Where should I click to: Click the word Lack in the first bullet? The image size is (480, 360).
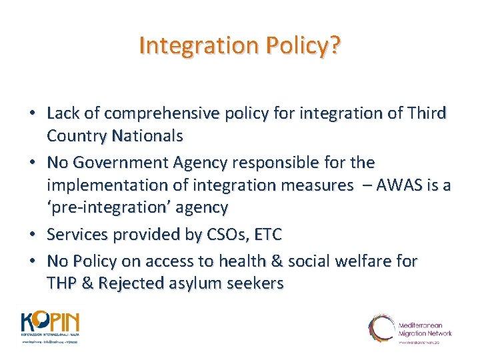pyautogui.click(x=65, y=114)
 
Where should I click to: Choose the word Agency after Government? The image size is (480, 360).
pyautogui.click(x=199, y=163)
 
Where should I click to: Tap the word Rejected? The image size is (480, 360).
pyautogui.click(x=133, y=283)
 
